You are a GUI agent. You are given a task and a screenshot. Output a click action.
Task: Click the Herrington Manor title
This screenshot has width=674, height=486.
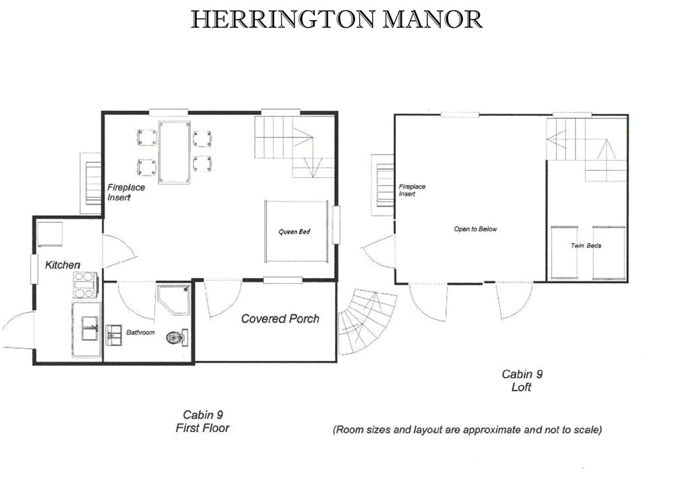pos(336,20)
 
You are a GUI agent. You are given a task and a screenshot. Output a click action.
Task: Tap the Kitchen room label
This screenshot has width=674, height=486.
pos(63,265)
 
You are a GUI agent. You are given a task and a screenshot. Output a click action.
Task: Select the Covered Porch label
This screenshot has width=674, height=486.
pos(280,318)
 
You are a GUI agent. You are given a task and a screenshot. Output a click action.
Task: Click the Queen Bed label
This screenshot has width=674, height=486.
pos(295,232)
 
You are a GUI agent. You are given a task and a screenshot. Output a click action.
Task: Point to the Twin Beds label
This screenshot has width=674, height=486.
pos(586,246)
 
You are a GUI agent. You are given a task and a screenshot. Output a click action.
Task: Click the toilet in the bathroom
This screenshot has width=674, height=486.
pos(177,337)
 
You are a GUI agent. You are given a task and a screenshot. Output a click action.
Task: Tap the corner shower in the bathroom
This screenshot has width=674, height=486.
pos(173,299)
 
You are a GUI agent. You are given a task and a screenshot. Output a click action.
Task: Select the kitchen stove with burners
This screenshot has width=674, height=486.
pos(85,285)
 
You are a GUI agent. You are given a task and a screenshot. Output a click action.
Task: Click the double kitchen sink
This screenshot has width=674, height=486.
pos(90,328)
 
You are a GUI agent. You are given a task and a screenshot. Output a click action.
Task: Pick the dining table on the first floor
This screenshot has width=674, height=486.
pos(174,152)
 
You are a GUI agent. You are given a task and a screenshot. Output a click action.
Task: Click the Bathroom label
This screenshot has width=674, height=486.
pos(140,333)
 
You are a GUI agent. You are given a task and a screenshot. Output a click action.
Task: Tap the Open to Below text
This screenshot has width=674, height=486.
pos(475,230)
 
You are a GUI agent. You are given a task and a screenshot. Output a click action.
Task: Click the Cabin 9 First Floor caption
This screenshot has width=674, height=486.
pos(202,421)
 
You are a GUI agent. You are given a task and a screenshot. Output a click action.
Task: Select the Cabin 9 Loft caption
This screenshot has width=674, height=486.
pos(522,381)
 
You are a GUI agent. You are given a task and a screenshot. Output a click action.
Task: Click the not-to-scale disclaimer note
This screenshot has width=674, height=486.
pos(467,429)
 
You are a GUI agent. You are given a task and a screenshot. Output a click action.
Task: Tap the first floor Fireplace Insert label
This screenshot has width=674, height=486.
pos(126,193)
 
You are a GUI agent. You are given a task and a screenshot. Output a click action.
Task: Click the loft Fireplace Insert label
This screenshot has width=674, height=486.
pos(412,190)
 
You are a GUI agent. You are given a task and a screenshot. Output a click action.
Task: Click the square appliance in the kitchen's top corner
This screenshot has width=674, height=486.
pos(50,234)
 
